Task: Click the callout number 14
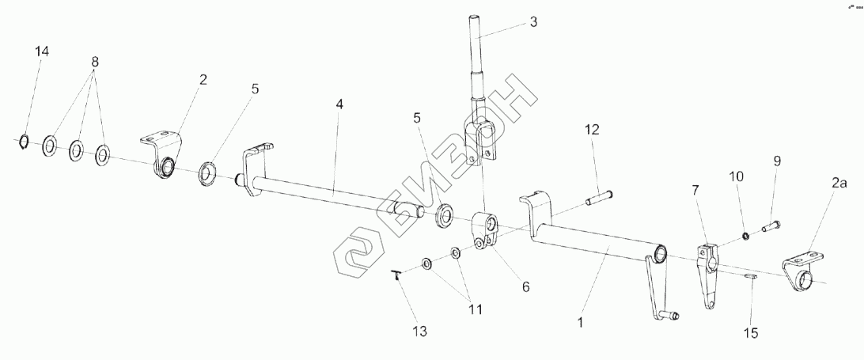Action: click(x=42, y=51)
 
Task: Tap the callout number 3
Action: click(x=533, y=22)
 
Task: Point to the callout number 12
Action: click(x=593, y=128)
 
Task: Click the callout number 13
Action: click(x=419, y=332)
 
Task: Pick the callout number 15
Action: click(x=749, y=333)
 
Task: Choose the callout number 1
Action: click(x=582, y=322)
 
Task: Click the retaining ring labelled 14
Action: click(x=24, y=142)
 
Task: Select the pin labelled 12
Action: click(x=599, y=195)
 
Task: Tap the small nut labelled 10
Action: click(x=745, y=235)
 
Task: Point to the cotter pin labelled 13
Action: click(x=396, y=275)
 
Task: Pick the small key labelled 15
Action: click(x=751, y=277)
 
